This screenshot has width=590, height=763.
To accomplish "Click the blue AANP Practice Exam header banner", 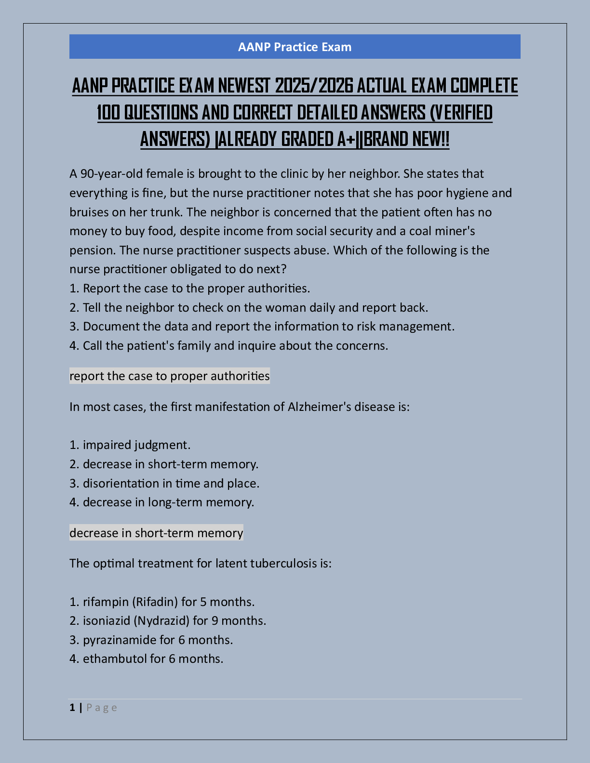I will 295,47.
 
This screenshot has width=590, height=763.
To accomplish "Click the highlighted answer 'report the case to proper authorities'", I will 170,376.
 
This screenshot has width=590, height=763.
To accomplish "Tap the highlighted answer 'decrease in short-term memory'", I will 156,533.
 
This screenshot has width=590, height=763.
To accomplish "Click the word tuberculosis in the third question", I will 283,564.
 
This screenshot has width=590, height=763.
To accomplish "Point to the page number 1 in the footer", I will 72,708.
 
